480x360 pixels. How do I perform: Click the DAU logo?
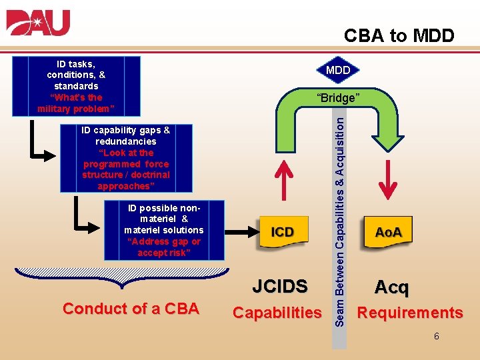pyautogui.click(x=38, y=23)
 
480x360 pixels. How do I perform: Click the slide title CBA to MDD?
pyautogui.click(x=399, y=35)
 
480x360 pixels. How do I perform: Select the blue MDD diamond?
pyautogui.click(x=338, y=70)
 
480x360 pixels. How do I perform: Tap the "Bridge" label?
pyautogui.click(x=338, y=98)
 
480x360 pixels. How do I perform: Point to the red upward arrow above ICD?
pyautogui.click(x=285, y=179)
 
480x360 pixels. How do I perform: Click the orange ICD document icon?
pyautogui.click(x=282, y=232)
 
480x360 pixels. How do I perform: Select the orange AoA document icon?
pyautogui.click(x=388, y=232)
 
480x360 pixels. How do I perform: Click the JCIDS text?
pyautogui.click(x=280, y=287)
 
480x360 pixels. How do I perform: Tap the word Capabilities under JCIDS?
pyautogui.click(x=277, y=313)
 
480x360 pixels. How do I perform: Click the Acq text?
pyautogui.click(x=391, y=287)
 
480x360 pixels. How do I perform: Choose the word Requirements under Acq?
pyautogui.click(x=410, y=313)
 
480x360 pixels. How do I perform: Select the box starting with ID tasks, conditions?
pyautogui.click(x=76, y=86)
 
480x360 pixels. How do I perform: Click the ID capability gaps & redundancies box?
pyautogui.click(x=126, y=158)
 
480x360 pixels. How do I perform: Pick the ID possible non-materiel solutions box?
pyautogui.click(x=164, y=230)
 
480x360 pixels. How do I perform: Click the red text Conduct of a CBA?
pyautogui.click(x=131, y=309)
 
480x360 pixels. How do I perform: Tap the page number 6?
pyautogui.click(x=436, y=337)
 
